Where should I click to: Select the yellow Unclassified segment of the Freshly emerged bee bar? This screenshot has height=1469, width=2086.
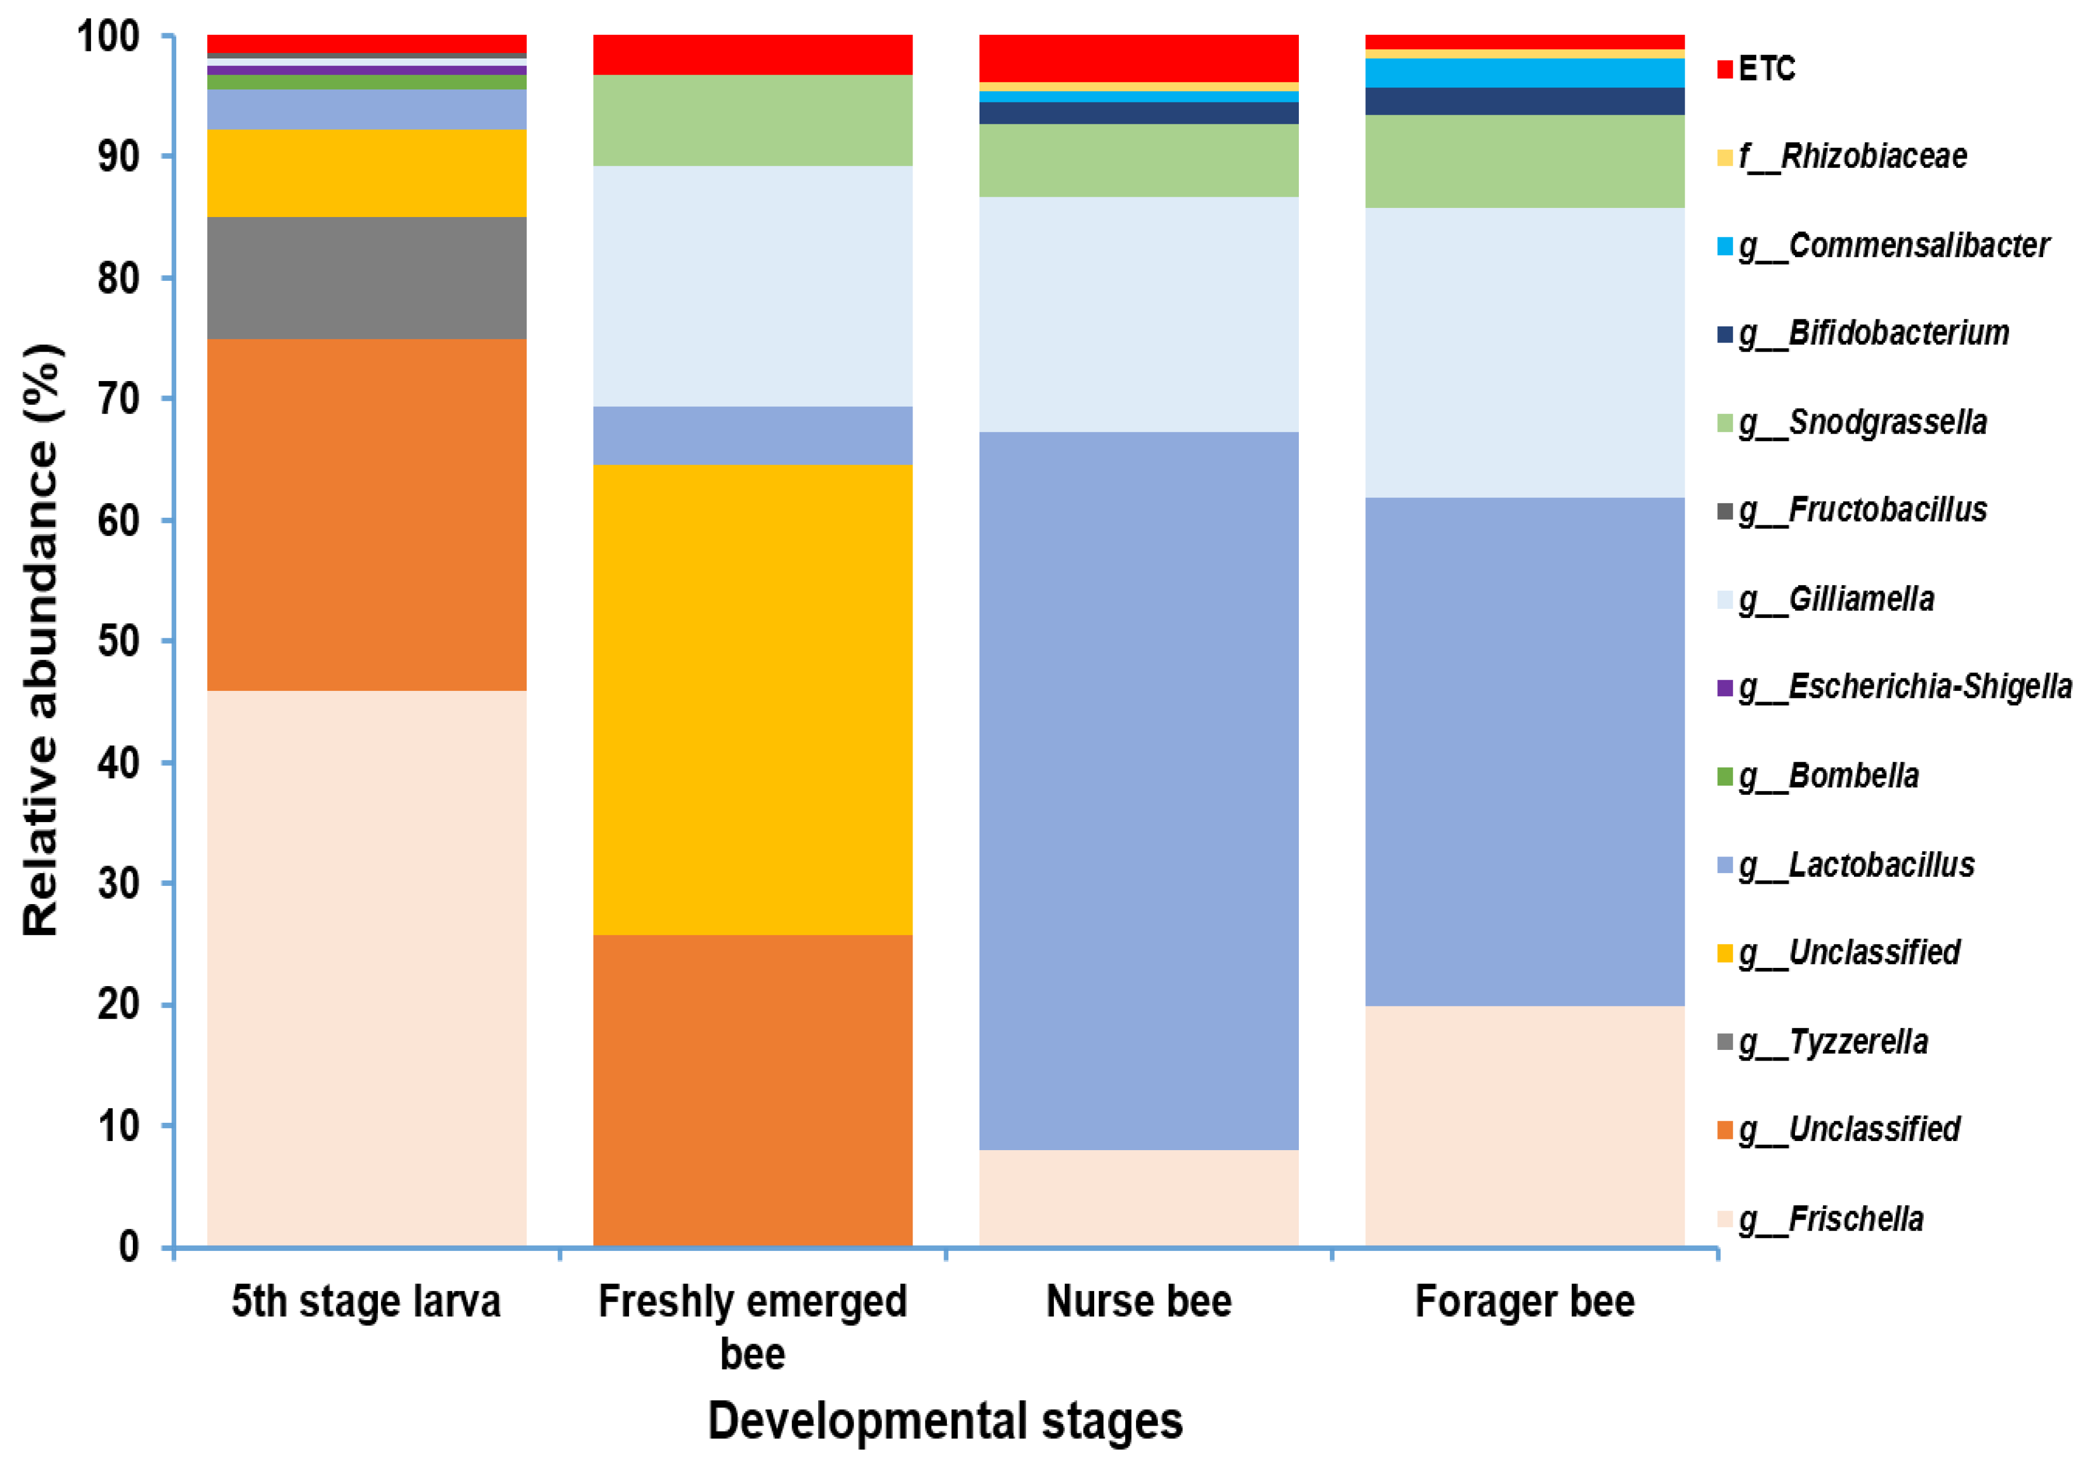coord(752,699)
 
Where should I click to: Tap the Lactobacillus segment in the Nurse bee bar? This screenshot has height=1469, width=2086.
coord(1139,791)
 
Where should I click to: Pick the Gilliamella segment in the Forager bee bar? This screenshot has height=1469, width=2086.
coord(1524,353)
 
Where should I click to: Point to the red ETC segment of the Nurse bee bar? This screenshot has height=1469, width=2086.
coord(1139,58)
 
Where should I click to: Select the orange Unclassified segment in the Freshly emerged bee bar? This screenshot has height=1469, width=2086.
coord(752,1090)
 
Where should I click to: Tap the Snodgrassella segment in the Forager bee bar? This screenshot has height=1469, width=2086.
coord(1524,161)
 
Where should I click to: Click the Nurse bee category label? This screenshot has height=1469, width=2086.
coord(1139,1301)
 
